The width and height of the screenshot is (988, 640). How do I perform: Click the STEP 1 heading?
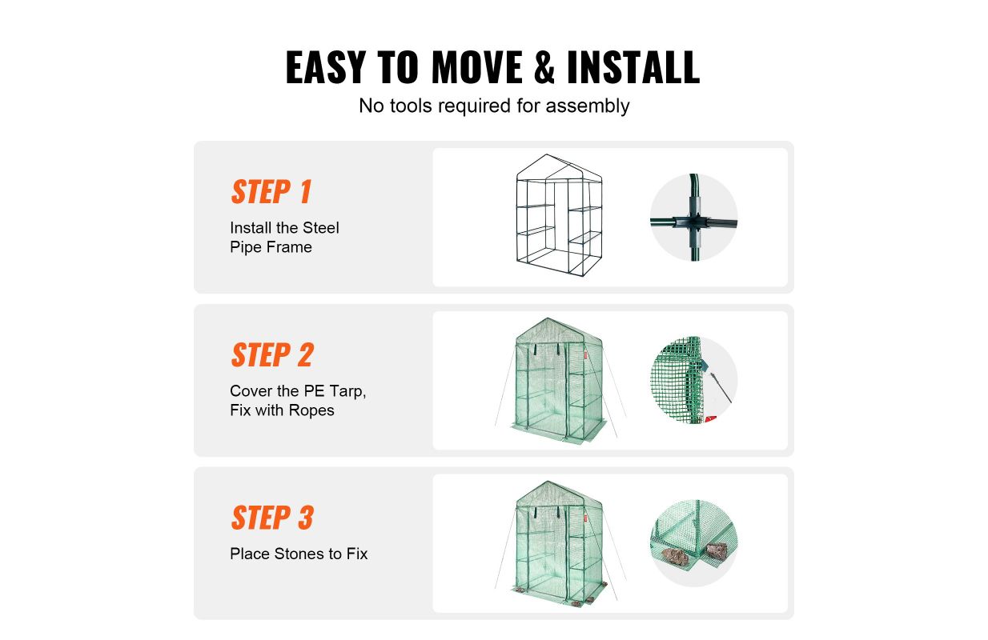click(x=271, y=192)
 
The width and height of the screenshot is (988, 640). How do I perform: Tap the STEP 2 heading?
click(x=272, y=355)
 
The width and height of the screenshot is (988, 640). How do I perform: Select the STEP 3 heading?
click(x=272, y=518)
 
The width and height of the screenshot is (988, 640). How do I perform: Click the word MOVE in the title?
click(x=477, y=67)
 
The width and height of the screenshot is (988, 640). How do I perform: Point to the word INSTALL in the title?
click(x=633, y=67)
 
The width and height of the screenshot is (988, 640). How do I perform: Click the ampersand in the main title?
click(x=544, y=67)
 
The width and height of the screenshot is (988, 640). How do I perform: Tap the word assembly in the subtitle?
click(x=588, y=106)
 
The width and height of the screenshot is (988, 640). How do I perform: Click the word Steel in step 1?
click(x=320, y=228)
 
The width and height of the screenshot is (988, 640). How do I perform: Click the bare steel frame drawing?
click(x=559, y=215)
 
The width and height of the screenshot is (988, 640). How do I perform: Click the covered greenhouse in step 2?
click(x=560, y=380)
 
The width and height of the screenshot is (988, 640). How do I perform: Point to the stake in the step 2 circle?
click(x=721, y=388)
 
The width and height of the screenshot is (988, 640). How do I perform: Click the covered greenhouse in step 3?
click(x=560, y=543)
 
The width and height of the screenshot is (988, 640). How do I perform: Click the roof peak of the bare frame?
click(x=547, y=154)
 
